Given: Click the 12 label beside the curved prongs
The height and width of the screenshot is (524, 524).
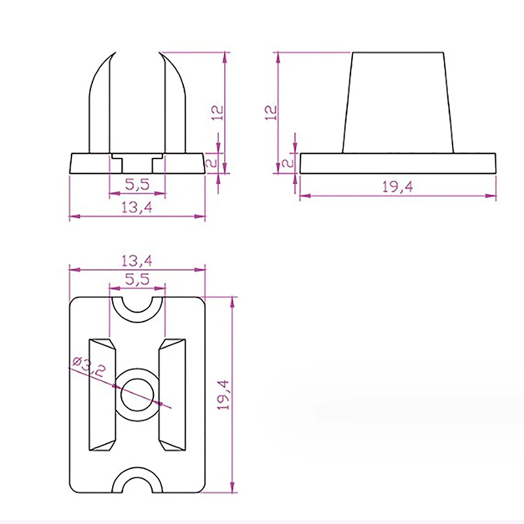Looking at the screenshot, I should pyautogui.click(x=218, y=113).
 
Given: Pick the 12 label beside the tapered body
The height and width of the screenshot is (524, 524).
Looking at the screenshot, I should pyautogui.click(x=269, y=113).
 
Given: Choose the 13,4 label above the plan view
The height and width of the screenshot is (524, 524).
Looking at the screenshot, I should pyautogui.click(x=137, y=260).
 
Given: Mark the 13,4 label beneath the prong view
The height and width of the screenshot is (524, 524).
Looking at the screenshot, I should pyautogui.click(x=137, y=208).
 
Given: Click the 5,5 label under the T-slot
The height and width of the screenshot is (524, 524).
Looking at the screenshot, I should pyautogui.click(x=137, y=186).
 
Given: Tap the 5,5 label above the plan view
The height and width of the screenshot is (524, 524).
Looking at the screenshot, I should pyautogui.click(x=137, y=278).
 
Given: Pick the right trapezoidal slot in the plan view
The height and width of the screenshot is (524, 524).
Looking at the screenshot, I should pyautogui.click(x=172, y=394).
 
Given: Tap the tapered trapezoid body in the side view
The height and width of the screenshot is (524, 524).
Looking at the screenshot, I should pyautogui.click(x=398, y=102).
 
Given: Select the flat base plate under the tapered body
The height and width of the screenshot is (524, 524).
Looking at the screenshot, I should pyautogui.click(x=398, y=163).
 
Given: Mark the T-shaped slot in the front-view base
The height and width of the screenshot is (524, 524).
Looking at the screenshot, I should pyautogui.click(x=137, y=159).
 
